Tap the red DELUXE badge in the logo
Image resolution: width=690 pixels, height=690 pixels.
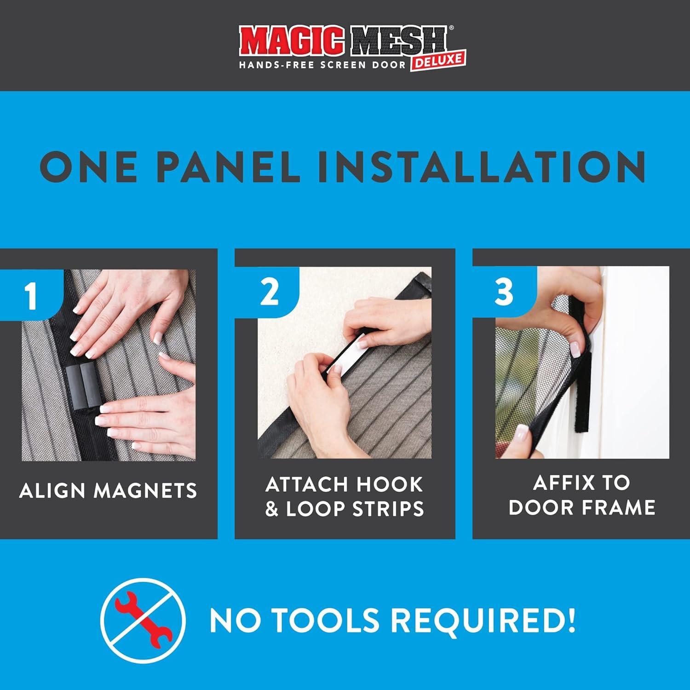(x=438, y=60)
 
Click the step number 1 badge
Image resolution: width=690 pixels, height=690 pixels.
(x=31, y=295)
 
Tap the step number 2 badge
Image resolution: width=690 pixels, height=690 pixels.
(x=269, y=292)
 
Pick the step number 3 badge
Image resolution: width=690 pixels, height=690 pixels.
(x=504, y=292)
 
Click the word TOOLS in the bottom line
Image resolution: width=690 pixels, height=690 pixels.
(x=327, y=620)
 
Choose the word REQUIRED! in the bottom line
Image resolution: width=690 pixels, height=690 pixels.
(x=483, y=620)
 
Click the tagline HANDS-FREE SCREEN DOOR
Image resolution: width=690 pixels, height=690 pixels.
(x=322, y=65)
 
